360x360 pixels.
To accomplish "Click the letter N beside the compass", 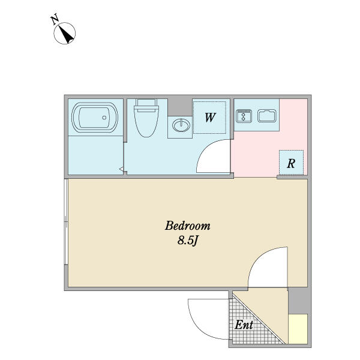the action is tap(55, 19).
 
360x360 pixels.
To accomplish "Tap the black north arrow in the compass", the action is tap(67, 34).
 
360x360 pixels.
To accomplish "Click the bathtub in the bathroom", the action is tap(95, 118).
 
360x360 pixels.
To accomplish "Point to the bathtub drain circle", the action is tap(104, 118).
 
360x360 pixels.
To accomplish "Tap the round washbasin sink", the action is tap(181, 125).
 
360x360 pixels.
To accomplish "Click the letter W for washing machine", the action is tap(210, 118).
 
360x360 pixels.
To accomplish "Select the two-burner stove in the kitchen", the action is tap(244, 116).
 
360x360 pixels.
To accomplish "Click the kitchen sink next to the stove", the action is tap(267, 116).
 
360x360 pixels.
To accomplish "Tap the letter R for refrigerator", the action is tap(291, 163).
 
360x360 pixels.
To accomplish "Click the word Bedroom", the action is tap(188, 226).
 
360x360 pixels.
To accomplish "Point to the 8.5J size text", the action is tap(188, 241).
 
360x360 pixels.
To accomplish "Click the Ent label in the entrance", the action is tap(244, 325).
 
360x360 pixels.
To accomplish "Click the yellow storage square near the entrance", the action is tap(298, 329).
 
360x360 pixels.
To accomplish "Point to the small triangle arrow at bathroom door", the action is tap(121, 169).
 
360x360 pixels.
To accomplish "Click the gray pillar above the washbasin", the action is tap(180, 107).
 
